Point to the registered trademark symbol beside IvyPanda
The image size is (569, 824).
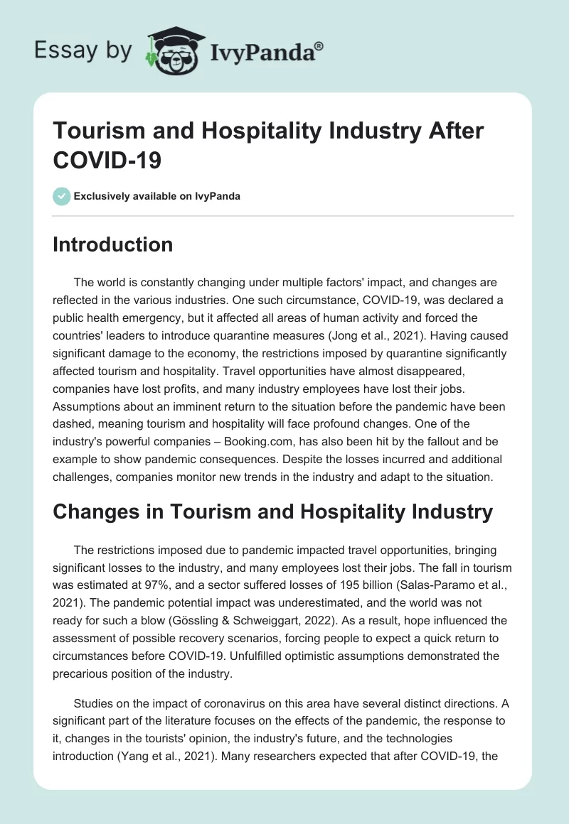(x=319, y=45)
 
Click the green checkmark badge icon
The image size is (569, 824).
(x=62, y=196)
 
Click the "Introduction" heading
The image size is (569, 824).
(x=112, y=244)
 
